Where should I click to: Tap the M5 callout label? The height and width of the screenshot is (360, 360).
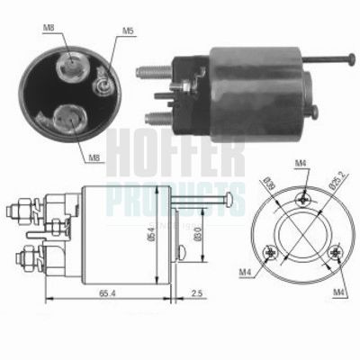(128, 32)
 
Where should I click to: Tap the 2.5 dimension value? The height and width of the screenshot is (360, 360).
(197, 292)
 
